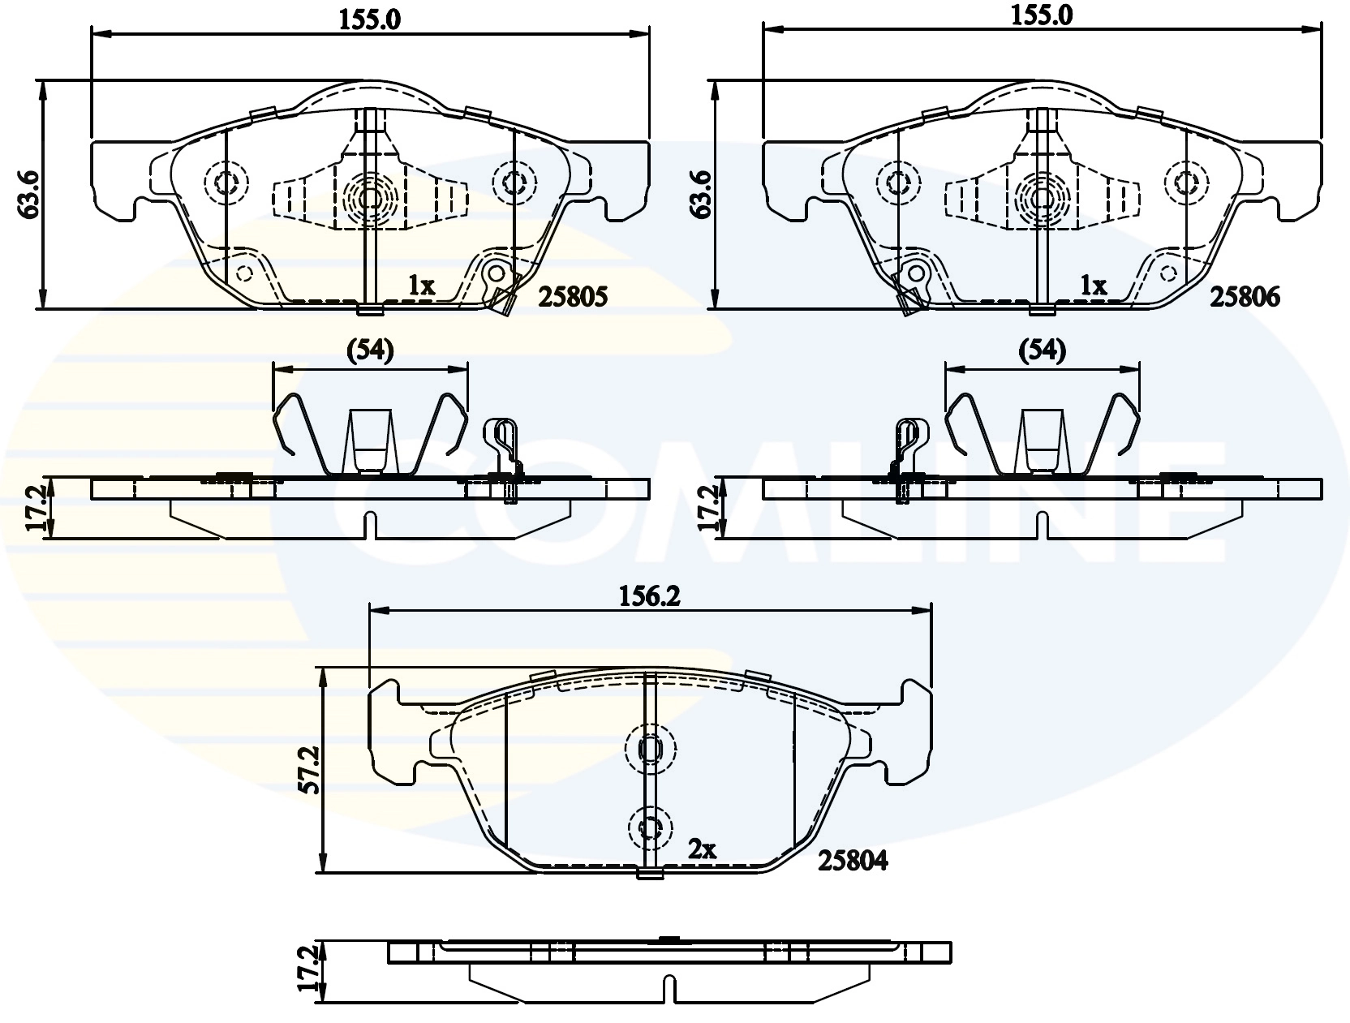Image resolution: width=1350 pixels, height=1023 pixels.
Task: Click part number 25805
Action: (x=573, y=297)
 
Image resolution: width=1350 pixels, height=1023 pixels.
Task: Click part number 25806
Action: (x=1245, y=297)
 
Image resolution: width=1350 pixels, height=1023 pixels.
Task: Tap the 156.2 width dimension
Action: (x=649, y=597)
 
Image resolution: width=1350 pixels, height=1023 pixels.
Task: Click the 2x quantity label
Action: (x=702, y=849)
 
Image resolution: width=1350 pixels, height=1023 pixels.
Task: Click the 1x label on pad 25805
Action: (x=421, y=286)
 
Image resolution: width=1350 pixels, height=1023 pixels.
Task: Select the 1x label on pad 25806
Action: (x=1093, y=286)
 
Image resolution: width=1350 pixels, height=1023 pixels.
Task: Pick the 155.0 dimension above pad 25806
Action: (x=1042, y=16)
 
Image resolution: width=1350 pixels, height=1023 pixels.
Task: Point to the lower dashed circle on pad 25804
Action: (x=649, y=827)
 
